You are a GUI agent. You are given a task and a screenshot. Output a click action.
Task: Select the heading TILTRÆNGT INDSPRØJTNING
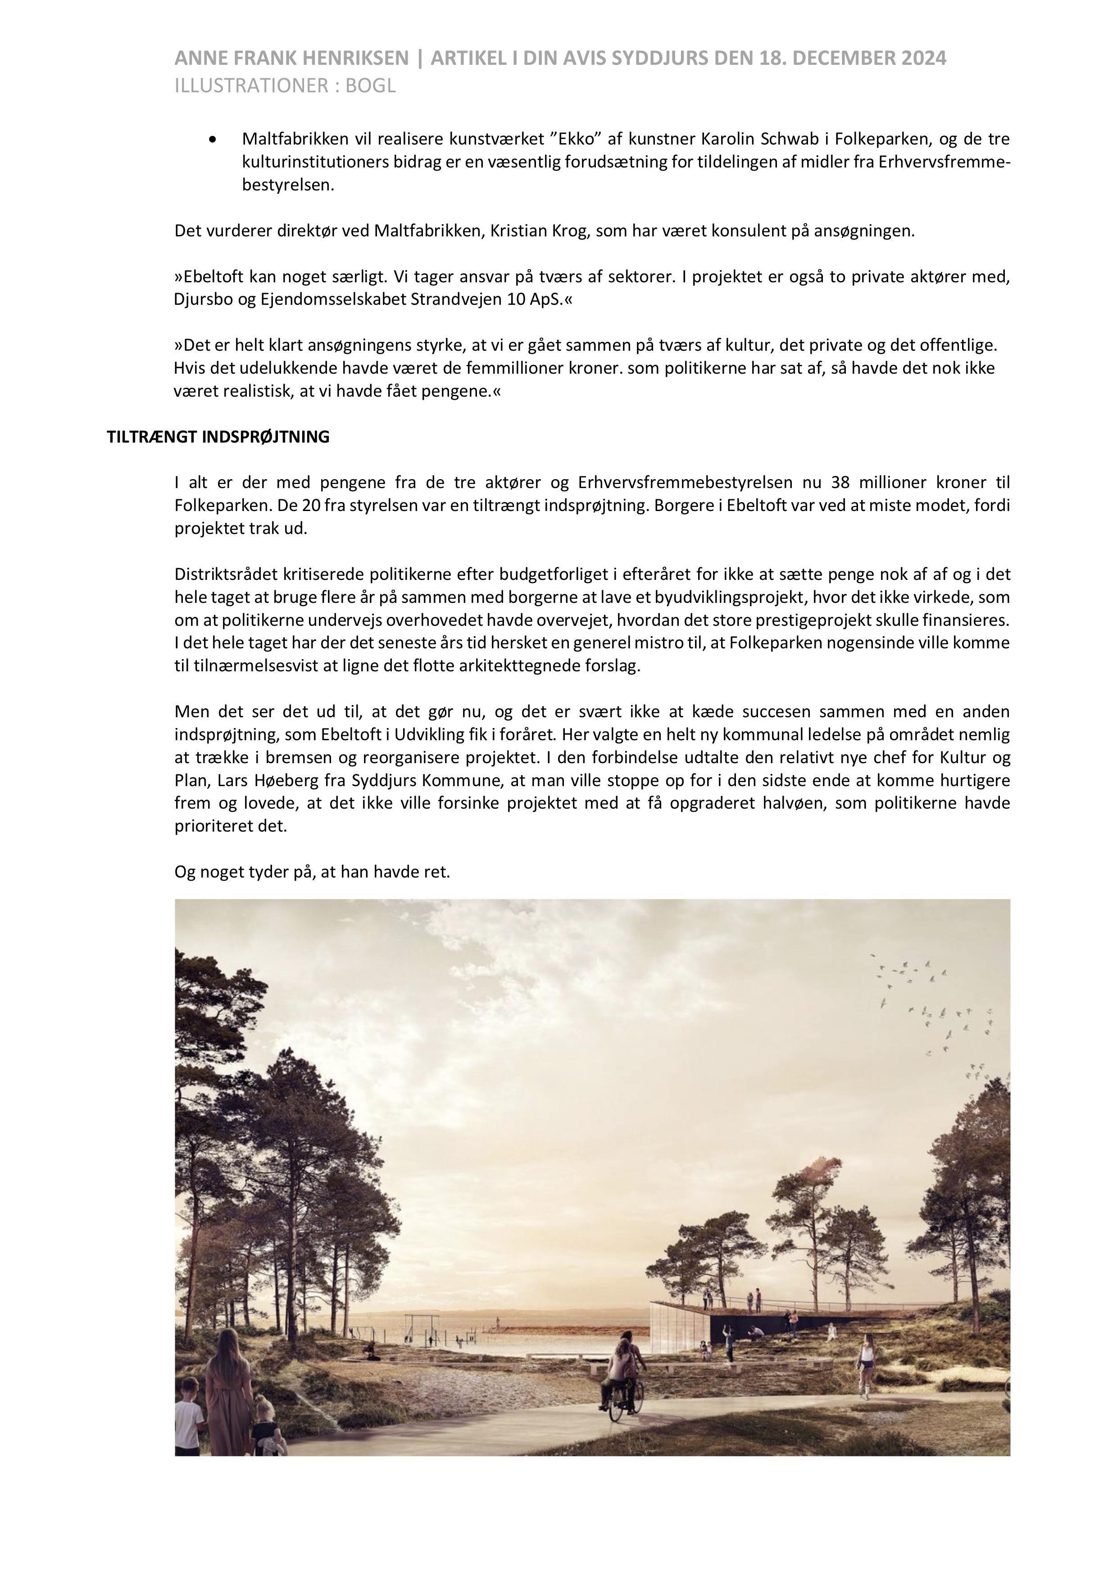tap(218, 437)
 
